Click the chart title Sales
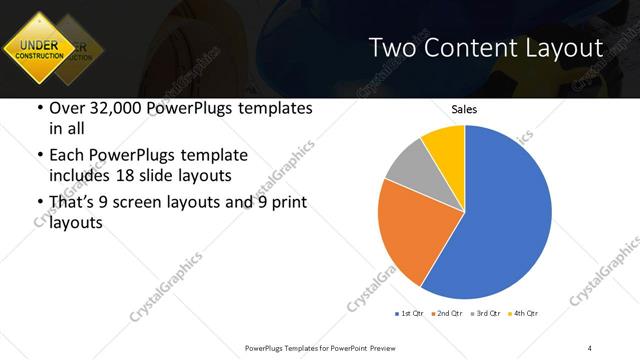(x=464, y=109)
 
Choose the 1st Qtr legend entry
(x=411, y=314)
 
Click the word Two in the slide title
(x=392, y=48)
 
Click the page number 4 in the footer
(x=590, y=347)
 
